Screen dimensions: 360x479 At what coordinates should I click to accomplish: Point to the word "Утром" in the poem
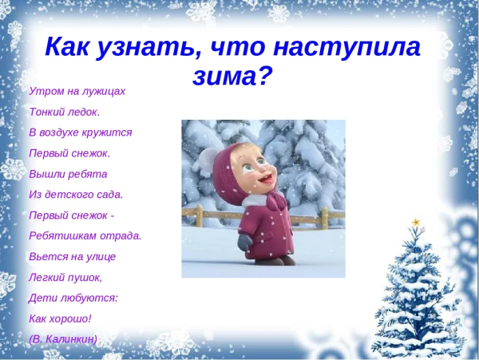[x=43, y=91]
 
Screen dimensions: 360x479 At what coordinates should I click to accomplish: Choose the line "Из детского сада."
[x=76, y=194]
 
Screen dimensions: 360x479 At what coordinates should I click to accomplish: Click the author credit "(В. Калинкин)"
[x=63, y=339]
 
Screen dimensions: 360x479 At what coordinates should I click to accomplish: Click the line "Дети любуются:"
[x=73, y=298]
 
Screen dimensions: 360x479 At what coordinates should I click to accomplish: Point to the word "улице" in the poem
[x=100, y=256]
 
